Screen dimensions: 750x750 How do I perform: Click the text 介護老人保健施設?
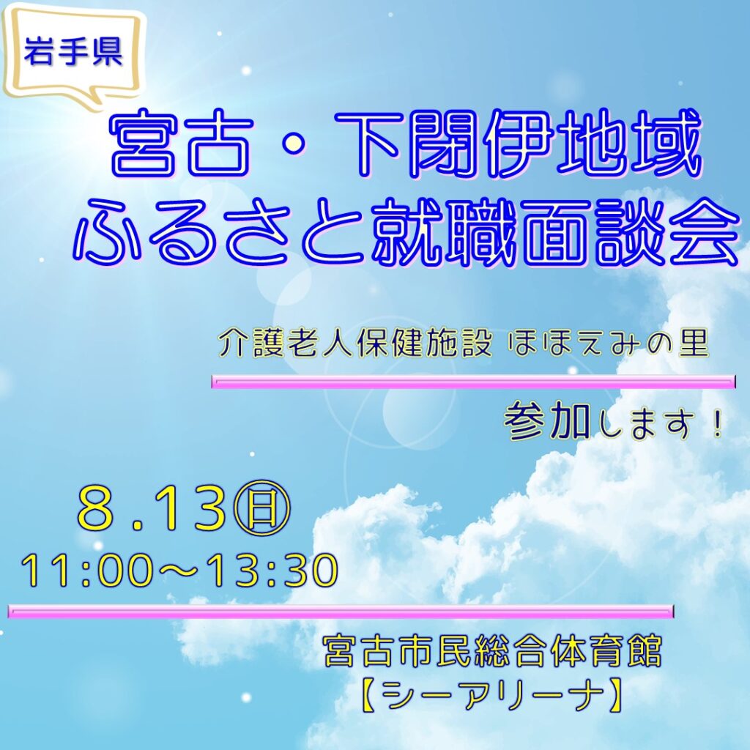tap(356, 344)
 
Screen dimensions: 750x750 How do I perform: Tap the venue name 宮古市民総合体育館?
tap(493, 651)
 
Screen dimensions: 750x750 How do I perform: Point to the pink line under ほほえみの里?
tap(474, 382)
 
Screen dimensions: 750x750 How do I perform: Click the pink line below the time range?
tap(341, 612)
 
